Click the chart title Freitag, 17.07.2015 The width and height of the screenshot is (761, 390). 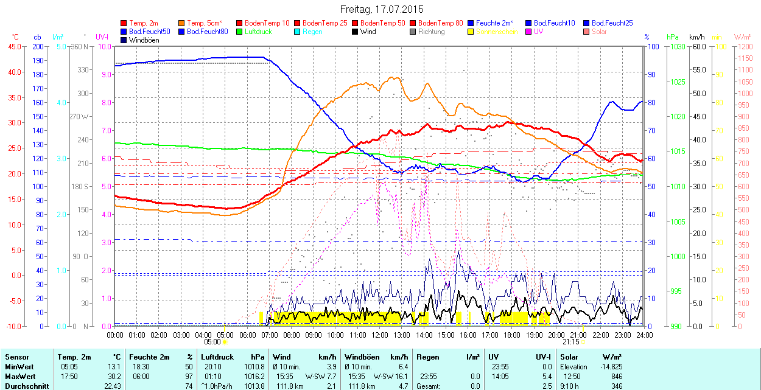tap(381, 9)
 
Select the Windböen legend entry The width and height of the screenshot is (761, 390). tap(142, 40)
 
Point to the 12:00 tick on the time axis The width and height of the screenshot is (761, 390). tap(380, 335)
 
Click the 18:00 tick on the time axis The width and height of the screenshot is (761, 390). tap(512, 335)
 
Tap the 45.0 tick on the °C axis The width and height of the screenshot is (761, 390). tap(14, 46)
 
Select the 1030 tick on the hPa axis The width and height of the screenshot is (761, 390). tap(676, 46)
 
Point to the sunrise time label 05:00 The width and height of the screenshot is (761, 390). tap(212, 342)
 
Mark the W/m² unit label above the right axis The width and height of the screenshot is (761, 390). tap(742, 37)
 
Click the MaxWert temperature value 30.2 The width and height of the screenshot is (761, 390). tap(114, 376)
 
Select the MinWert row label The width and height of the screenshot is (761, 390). tap(19, 367)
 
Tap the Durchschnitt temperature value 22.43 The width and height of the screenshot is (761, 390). tap(111, 386)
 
